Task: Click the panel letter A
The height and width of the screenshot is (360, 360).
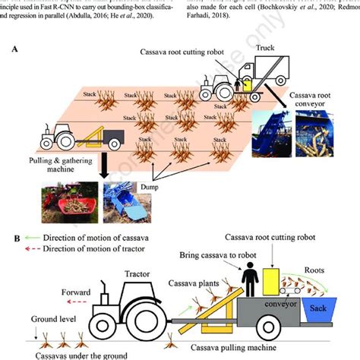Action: tap(14, 48)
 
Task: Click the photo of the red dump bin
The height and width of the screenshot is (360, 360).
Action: tap(74, 204)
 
